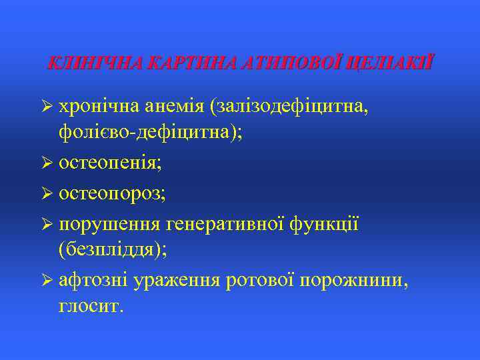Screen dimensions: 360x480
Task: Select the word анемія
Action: (x=174, y=107)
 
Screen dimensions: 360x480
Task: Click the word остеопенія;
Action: (x=111, y=162)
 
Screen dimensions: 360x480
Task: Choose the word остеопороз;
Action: (x=113, y=193)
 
